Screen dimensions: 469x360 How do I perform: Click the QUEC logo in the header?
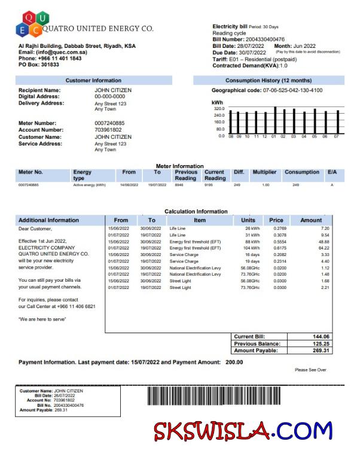click(29, 24)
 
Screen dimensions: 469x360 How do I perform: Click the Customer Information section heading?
click(93, 80)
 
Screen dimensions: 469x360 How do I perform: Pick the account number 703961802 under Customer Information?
click(108, 130)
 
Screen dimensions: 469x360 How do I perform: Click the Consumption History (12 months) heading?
click(269, 80)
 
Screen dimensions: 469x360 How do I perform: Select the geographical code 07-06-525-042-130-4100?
click(292, 90)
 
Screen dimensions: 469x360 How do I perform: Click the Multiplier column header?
click(264, 172)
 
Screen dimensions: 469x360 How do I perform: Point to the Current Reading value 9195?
click(209, 185)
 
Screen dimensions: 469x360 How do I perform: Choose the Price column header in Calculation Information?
click(276, 220)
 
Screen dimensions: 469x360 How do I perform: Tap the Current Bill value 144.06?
click(321, 337)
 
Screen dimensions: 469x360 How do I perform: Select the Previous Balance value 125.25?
click(321, 344)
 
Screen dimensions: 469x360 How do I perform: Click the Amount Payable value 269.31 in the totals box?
click(321, 351)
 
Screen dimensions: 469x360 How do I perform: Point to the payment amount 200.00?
click(234, 363)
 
